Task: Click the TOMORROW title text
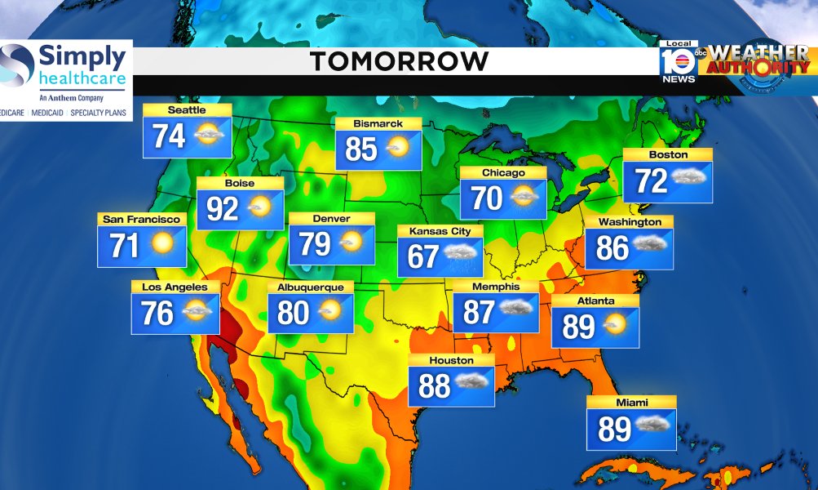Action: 399,61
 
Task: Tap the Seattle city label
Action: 187,110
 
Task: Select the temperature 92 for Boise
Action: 222,209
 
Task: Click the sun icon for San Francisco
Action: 163,243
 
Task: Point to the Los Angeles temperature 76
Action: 157,313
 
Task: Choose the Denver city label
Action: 331,219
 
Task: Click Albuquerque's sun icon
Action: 330,311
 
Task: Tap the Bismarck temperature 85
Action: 361,149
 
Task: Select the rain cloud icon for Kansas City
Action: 462,258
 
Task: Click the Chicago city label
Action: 503,173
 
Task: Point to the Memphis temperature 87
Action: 478,311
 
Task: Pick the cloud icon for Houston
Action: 472,382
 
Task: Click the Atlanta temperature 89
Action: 578,327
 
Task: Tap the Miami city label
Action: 632,402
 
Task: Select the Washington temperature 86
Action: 612,247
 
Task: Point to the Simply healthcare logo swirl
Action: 16,68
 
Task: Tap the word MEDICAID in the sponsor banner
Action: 48,113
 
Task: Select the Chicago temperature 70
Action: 488,198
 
